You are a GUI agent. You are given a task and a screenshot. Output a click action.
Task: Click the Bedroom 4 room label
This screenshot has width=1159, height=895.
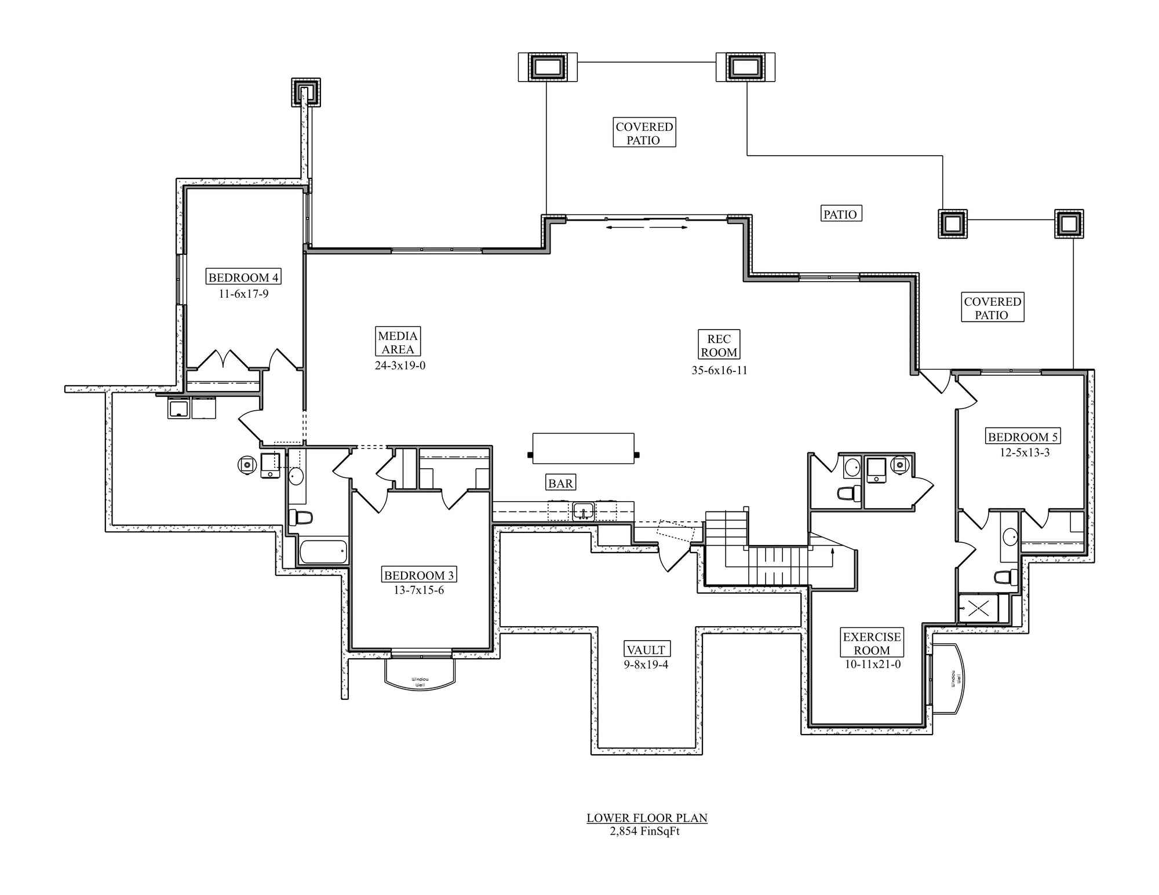coord(243,277)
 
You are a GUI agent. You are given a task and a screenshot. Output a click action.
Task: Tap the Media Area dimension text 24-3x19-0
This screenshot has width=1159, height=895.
coord(400,366)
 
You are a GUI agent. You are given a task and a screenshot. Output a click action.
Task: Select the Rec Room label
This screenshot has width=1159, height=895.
coord(719,346)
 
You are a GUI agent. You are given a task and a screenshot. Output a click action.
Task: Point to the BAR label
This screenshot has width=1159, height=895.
coord(560,483)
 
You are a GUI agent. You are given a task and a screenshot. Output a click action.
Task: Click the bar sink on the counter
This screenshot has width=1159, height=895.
coord(583,512)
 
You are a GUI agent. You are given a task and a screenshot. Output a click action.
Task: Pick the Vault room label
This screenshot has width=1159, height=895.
coord(646,649)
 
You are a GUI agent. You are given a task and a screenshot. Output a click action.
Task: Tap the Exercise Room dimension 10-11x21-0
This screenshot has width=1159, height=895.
coord(872,664)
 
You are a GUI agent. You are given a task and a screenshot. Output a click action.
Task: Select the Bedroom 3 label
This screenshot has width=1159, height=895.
coord(419,575)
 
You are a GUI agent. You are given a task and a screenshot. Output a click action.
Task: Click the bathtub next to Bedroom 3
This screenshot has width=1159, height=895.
coord(323,551)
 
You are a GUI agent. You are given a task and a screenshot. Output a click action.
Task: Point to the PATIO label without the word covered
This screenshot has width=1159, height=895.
coord(840,214)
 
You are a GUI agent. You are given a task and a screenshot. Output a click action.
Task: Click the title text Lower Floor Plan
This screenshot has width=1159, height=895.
coord(647,818)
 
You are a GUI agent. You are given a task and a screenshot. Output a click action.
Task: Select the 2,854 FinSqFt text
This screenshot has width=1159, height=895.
coord(644,831)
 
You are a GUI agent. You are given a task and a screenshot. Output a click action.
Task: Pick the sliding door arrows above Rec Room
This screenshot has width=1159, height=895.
coord(646,228)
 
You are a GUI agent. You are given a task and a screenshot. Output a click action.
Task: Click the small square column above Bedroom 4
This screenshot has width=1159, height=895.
coord(305,93)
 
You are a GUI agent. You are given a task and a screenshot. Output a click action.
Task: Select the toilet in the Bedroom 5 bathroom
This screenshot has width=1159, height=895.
coord(1005,577)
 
